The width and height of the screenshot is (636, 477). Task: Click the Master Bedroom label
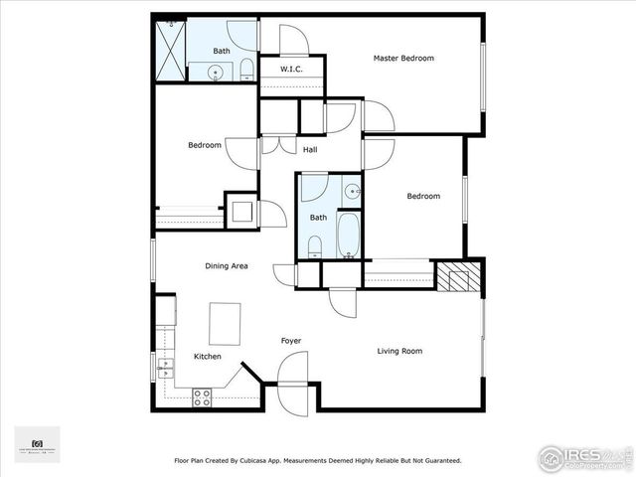point(403,58)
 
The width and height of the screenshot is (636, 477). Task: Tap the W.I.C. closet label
point(291,69)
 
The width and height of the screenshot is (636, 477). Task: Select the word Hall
point(310,149)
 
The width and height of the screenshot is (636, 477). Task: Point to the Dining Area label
point(227,265)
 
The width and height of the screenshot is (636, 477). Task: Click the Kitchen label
point(208,356)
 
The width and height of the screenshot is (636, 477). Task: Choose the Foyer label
point(290,341)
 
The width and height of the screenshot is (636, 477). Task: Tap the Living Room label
point(399,350)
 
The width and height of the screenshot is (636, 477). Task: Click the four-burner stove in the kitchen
point(202,397)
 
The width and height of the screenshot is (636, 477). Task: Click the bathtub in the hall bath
point(349,235)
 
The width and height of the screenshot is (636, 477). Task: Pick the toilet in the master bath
point(246,70)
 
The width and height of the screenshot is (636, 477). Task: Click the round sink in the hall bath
point(351,190)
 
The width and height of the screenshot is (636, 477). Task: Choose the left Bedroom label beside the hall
point(205,145)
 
